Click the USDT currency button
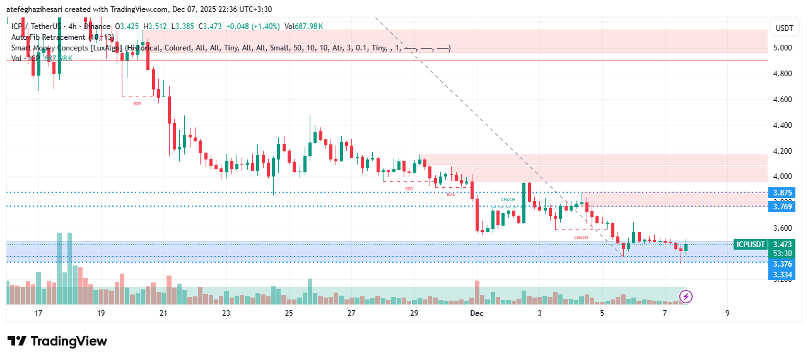click(784, 28)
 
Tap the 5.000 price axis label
click(783, 48)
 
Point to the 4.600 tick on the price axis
click(783, 100)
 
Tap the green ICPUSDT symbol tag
click(751, 244)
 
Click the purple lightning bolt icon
click(686, 296)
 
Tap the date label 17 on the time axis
click(38, 313)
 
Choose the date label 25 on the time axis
click(289, 313)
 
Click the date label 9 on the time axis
click(727, 313)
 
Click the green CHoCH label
click(508, 200)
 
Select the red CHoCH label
click(581, 237)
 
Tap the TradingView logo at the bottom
click(57, 341)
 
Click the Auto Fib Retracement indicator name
click(48, 37)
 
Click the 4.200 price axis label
click(783, 151)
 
